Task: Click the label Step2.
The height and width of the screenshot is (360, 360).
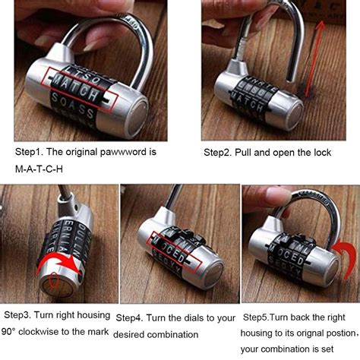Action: click(219, 152)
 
